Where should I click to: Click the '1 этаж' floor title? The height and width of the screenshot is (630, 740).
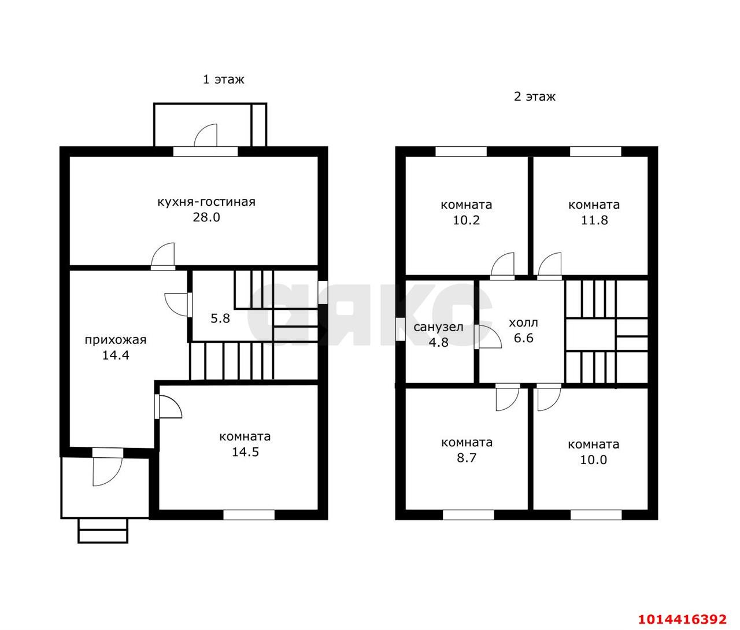pyautogui.click(x=223, y=79)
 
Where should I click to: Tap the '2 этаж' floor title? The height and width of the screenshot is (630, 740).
pyautogui.click(x=535, y=97)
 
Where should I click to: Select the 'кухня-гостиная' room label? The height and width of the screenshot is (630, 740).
pyautogui.click(x=206, y=202)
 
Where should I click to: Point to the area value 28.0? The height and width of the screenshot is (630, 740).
pyautogui.click(x=206, y=217)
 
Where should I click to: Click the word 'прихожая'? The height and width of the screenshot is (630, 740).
pyautogui.click(x=116, y=340)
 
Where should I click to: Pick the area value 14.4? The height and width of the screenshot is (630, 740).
pyautogui.click(x=116, y=355)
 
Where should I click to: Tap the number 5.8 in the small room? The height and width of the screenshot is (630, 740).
pyautogui.click(x=220, y=318)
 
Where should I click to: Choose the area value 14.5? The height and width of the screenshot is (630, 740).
pyautogui.click(x=245, y=452)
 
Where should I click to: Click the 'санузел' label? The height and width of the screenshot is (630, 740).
pyautogui.click(x=439, y=327)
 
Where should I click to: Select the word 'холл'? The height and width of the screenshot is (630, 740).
pyautogui.click(x=523, y=323)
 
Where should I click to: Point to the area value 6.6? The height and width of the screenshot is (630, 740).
pyautogui.click(x=524, y=338)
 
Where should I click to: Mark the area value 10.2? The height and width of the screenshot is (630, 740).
pyautogui.click(x=467, y=220)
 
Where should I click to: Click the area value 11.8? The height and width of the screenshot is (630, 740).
pyautogui.click(x=594, y=220)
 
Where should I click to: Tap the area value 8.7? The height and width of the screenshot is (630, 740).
pyautogui.click(x=467, y=458)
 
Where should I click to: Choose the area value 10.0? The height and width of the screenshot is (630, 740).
pyautogui.click(x=594, y=459)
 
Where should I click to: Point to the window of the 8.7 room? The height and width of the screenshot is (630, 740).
pyautogui.click(x=468, y=515)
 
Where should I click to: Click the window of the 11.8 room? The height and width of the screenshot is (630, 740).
pyautogui.click(x=595, y=151)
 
